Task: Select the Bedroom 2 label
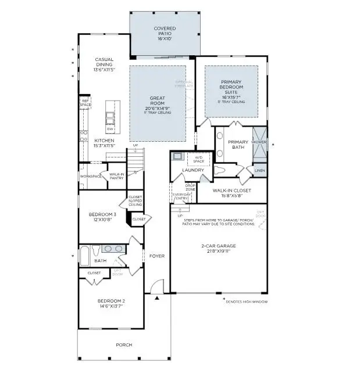[111, 303]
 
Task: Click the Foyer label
[157, 256]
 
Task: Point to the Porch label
[124, 345]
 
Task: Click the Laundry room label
[193, 170]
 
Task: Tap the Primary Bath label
[238, 145]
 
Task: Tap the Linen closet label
[259, 170]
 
